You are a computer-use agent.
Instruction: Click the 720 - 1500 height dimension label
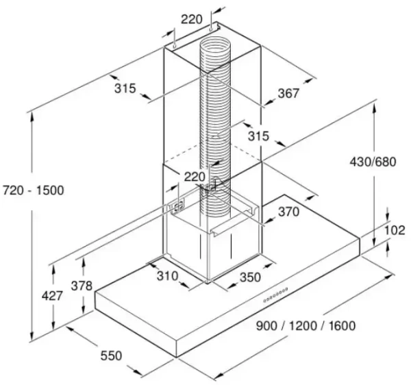pyautogui.click(x=34, y=190)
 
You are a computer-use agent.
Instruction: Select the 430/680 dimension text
pyautogui.click(x=373, y=162)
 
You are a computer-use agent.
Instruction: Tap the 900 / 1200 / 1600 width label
pyautogui.click(x=306, y=326)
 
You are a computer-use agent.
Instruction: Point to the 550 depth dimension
pyautogui.click(x=111, y=356)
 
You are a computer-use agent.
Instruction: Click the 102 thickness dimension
pyautogui.click(x=395, y=230)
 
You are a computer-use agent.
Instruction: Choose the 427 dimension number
pyautogui.click(x=52, y=296)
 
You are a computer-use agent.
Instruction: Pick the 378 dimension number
pyautogui.click(x=82, y=286)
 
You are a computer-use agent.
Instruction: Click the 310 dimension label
pyautogui.click(x=168, y=275)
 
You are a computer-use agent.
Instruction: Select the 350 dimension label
pyautogui.click(x=250, y=277)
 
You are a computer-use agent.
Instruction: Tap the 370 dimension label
pyautogui.click(x=288, y=212)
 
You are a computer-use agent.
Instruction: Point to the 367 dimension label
pyautogui.click(x=288, y=93)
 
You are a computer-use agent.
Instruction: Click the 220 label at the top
pyautogui.click(x=192, y=19)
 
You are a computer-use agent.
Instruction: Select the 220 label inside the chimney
pyautogui.click(x=195, y=177)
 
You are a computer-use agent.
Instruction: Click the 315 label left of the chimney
pyautogui.click(x=125, y=88)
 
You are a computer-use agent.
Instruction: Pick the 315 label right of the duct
pyautogui.click(x=259, y=136)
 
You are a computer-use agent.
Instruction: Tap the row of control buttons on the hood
pyautogui.click(x=275, y=295)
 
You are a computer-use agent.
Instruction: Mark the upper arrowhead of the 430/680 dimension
pyautogui.click(x=375, y=108)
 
